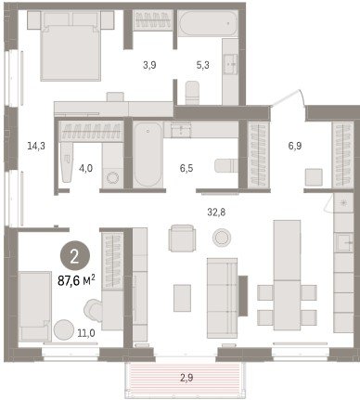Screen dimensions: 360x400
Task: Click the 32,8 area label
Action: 216,213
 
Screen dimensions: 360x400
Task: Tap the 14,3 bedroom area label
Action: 36,146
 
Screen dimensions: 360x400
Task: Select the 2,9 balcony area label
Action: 187,378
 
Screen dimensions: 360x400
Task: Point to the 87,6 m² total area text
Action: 76,281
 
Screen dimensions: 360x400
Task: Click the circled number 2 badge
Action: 75,256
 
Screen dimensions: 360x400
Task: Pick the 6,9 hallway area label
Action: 295,146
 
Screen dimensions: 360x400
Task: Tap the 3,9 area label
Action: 149,65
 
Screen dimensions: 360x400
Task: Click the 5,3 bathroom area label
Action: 202,65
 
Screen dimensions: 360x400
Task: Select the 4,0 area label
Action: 85,168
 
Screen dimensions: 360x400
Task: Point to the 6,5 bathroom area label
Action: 186,168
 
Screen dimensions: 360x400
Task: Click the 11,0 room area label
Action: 86,333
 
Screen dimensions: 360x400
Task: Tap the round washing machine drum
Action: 112,178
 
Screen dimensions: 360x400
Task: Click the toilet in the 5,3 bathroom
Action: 192,93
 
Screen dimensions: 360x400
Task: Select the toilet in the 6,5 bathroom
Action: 226,166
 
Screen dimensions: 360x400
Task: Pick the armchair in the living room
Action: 182,238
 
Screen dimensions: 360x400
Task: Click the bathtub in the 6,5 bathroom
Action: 148,154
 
